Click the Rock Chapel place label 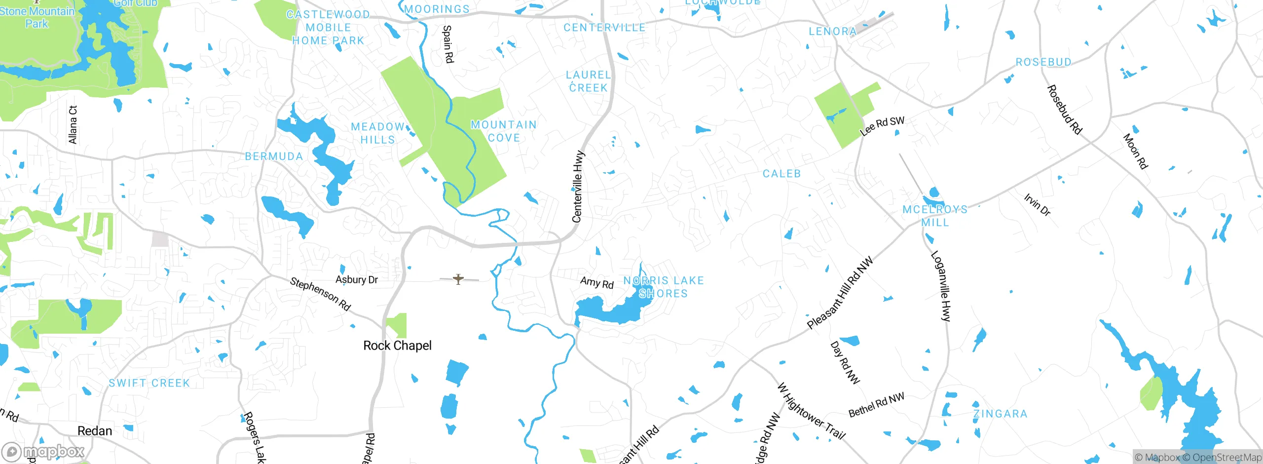point(397,346)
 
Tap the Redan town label point(95,431)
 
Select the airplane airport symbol point(458,279)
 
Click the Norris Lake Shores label point(663,287)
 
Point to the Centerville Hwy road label point(578,187)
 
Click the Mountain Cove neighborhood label point(504,131)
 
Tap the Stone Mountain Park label point(37,17)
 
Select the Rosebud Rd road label point(1064,110)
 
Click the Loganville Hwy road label point(940,286)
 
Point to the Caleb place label point(781,174)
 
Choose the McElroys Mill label point(935,216)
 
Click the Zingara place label point(1000,414)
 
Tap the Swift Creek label point(149,383)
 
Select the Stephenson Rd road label point(320,294)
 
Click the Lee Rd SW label point(882,126)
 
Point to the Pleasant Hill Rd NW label point(840,293)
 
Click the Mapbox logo point(43,452)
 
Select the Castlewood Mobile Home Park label point(328,28)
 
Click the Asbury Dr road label point(356,279)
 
